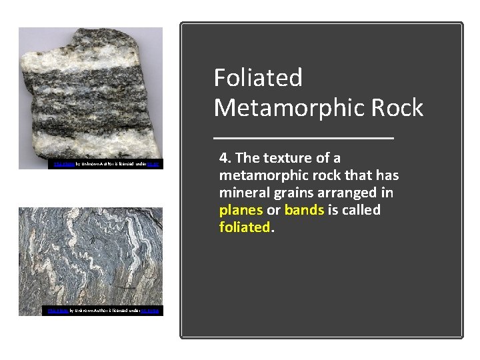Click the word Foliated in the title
tap(258, 78)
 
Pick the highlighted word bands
tap(304, 210)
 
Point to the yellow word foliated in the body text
tap(245, 227)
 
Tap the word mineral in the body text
tap(243, 193)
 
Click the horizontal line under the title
tap(304, 138)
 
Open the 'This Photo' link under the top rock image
tap(63, 164)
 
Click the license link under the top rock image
tap(153, 164)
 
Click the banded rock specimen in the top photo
tap(89, 93)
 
